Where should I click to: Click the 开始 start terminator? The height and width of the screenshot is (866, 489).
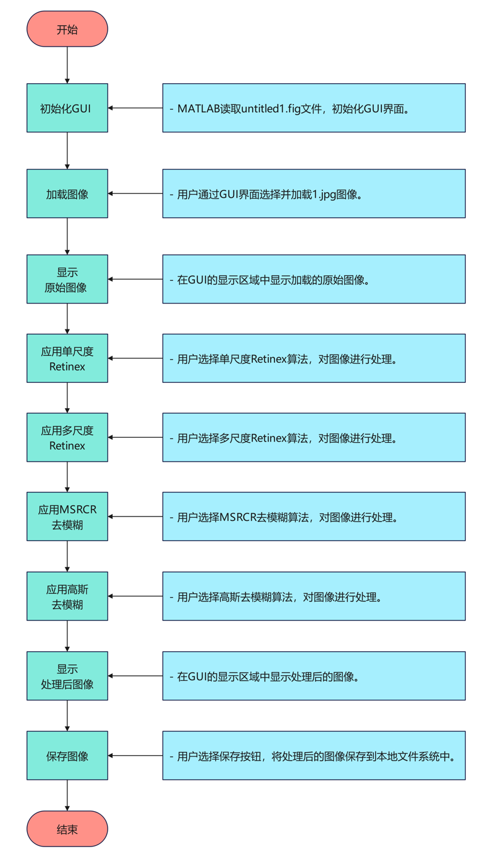tap(67, 29)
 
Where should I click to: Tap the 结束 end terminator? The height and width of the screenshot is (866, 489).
tap(67, 829)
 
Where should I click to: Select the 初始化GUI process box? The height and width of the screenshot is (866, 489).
tap(67, 108)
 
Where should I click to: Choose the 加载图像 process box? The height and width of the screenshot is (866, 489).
tap(67, 194)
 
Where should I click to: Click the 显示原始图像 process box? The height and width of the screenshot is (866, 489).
tap(67, 280)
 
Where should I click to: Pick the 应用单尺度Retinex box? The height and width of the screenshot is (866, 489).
tap(67, 358)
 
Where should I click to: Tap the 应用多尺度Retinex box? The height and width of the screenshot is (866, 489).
tap(67, 438)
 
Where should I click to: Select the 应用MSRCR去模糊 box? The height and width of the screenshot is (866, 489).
tap(67, 517)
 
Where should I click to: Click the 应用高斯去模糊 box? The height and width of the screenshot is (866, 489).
tap(67, 596)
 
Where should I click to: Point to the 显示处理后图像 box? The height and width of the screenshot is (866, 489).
tap(67, 676)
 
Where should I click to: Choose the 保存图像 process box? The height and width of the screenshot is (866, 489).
tap(67, 755)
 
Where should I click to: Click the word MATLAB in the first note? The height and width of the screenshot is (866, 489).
tap(198, 108)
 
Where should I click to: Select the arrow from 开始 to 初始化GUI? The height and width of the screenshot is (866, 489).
tap(67, 65)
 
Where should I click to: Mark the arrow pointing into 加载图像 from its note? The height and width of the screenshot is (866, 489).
tap(135, 194)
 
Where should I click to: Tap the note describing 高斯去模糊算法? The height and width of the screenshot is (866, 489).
tap(314, 596)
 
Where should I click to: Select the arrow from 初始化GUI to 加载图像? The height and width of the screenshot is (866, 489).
tap(67, 151)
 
